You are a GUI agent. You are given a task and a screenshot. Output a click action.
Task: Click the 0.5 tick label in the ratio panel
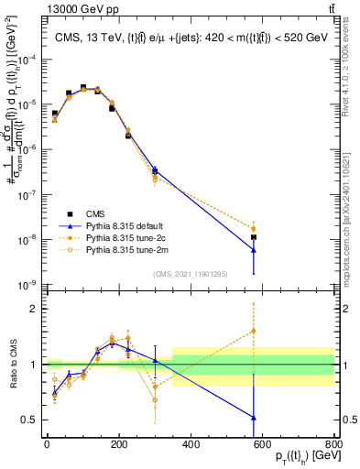tap(29, 420)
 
